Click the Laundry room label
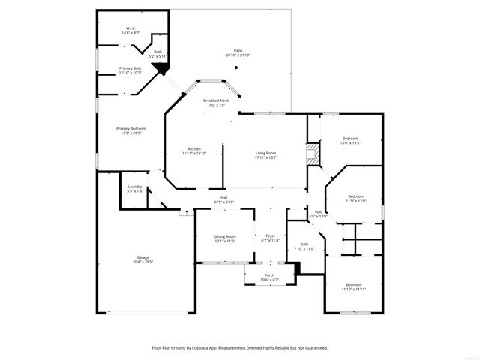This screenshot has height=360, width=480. point(135,188)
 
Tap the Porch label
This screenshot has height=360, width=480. point(269,277)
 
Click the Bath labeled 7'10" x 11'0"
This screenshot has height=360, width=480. point(304,246)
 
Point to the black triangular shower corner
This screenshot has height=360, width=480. point(158,69)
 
